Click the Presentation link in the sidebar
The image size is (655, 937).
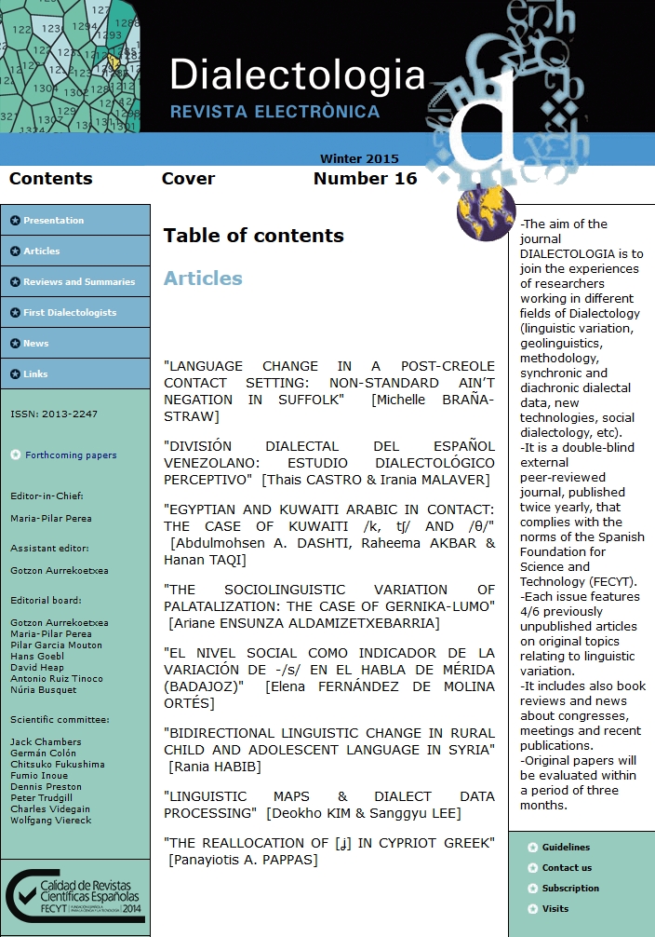click(53, 221)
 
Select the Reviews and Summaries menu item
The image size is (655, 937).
click(79, 282)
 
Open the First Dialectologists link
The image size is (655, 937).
click(70, 313)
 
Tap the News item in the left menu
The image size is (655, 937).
click(35, 344)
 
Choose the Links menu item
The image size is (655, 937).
click(35, 374)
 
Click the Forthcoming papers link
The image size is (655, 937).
click(71, 455)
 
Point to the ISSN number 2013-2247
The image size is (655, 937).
click(54, 414)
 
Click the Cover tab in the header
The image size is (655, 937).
click(188, 179)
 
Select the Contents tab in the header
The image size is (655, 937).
click(50, 179)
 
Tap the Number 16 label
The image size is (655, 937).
click(365, 179)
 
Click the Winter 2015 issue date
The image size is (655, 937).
click(359, 159)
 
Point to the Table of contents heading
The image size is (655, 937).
click(253, 236)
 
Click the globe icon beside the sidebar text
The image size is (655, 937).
click(486, 212)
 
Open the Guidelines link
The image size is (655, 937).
click(566, 848)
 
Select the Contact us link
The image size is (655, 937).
click(567, 868)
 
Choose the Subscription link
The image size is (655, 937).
click(570, 889)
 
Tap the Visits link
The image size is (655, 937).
click(555, 909)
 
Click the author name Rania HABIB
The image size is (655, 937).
click(215, 767)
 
